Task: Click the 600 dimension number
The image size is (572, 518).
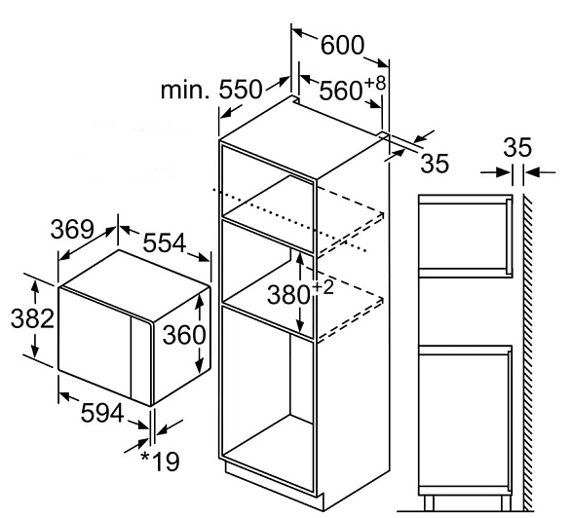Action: click(x=342, y=45)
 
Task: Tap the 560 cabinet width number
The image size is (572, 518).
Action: click(x=341, y=92)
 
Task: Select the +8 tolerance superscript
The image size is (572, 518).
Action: click(x=374, y=83)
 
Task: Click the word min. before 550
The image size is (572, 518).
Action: click(x=185, y=90)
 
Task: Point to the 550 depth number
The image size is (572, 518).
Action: click(x=241, y=90)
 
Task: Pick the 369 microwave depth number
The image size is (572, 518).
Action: click(x=72, y=229)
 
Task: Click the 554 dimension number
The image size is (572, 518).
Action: click(x=164, y=243)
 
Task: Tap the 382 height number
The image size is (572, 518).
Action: click(x=32, y=318)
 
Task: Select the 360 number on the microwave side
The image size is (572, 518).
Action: click(x=184, y=335)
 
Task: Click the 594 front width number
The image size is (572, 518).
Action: click(x=102, y=414)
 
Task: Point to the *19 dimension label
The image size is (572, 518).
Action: click(x=161, y=462)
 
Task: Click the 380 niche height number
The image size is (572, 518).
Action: click(x=288, y=295)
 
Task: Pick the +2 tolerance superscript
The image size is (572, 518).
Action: click(x=323, y=288)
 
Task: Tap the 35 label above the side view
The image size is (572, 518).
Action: click(x=517, y=148)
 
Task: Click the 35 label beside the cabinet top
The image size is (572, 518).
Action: click(x=435, y=164)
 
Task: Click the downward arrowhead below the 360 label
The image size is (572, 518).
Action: click(x=199, y=366)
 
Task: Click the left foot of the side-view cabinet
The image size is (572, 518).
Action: click(x=429, y=502)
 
